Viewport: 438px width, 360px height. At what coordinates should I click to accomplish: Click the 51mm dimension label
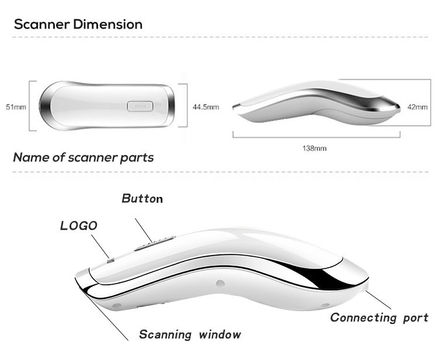coord(16,107)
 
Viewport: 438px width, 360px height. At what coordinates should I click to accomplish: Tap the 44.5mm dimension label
coord(206,107)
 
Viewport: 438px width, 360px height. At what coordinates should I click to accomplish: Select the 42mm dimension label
coord(418,107)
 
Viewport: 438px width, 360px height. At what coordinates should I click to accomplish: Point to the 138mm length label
coord(314,148)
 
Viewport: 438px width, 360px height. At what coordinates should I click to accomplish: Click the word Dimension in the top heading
coord(108,25)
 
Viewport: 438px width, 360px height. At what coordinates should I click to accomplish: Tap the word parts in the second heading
coord(137,158)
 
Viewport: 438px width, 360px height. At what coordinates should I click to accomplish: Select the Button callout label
coord(142,198)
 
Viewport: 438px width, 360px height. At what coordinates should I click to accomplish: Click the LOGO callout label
coord(79,226)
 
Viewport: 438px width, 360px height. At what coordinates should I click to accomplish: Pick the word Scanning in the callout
coord(165,334)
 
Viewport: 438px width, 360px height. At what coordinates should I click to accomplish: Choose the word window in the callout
coord(220,334)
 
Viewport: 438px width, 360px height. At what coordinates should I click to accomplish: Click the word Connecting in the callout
coord(363,318)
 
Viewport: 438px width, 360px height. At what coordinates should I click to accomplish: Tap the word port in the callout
coord(416,319)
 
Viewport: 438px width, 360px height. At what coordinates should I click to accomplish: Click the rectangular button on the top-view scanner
coord(140,106)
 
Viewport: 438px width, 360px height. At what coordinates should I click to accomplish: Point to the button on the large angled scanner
coord(155,243)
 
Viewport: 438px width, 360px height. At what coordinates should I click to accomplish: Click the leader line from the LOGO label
coord(100,246)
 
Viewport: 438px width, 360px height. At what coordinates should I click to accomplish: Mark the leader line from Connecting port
coord(378,300)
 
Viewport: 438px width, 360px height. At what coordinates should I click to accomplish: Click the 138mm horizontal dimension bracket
coord(317,137)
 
